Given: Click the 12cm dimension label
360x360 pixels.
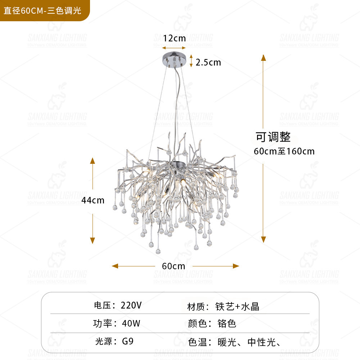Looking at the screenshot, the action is [174, 38].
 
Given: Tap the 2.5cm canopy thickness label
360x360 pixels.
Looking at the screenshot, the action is [208, 62].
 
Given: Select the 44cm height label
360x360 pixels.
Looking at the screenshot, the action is [93, 200].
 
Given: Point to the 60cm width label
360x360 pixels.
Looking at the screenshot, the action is [174, 266].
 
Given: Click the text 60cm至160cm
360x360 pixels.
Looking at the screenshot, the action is [284, 151].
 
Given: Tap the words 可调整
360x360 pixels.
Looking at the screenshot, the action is [273, 137].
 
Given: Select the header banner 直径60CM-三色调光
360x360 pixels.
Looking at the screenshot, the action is [42, 10].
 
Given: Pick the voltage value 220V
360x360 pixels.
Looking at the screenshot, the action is [131, 306].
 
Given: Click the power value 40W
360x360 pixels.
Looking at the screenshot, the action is [131, 323].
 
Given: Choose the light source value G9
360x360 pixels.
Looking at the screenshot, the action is [128, 341].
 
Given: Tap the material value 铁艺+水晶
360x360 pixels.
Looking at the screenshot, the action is [237, 306].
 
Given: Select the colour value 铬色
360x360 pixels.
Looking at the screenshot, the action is [227, 323].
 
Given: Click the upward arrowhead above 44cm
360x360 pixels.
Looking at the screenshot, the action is [93, 161].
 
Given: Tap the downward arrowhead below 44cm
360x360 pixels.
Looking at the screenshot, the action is [93, 240].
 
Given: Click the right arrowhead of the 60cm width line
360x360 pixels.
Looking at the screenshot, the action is [236, 266].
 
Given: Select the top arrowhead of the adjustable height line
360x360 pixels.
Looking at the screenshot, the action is [264, 58].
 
